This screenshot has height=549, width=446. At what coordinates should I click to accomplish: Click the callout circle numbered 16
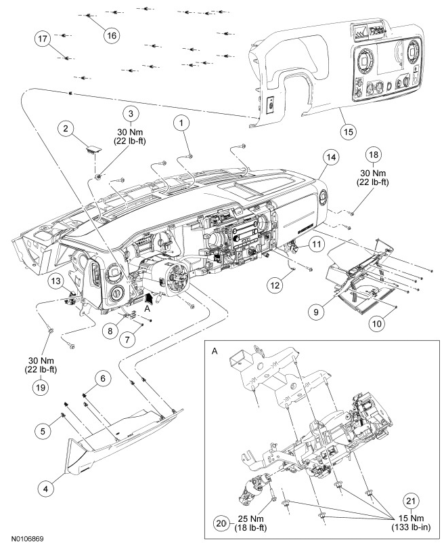coord(112,35)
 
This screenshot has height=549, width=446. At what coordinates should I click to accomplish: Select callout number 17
coord(42,39)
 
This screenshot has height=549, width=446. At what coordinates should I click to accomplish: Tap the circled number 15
coord(348,132)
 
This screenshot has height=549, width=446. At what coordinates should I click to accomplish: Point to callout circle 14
coord(332,157)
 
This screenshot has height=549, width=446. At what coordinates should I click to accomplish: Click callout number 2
coord(66,129)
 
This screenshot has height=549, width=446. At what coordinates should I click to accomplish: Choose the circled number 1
coord(181,123)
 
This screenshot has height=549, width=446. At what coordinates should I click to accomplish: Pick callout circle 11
coord(316,244)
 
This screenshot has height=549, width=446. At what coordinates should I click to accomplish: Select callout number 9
coord(316,311)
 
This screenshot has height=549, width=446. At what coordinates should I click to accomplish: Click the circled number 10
coord(377,323)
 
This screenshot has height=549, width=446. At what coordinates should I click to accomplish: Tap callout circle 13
coord(56,281)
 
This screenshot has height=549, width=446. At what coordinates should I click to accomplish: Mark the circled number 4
coord(45,489)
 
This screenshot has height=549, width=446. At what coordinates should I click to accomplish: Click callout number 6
coord(102,378)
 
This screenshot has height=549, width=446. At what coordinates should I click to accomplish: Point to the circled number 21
coord(411,501)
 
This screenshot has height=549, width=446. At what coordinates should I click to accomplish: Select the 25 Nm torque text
coord(250,518)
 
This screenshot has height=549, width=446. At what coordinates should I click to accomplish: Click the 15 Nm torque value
coord(411,518)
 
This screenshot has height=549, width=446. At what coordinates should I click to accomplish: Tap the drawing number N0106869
coord(27,539)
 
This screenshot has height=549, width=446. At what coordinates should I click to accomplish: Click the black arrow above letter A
coord(149,298)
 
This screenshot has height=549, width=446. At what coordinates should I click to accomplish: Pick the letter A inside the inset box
coord(215,351)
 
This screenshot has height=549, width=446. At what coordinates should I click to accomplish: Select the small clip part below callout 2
coord(93,150)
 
